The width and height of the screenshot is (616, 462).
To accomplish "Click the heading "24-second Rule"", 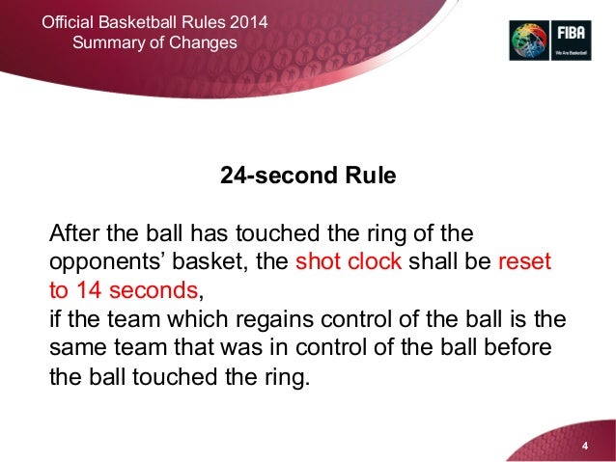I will pyautogui.click(x=308, y=178).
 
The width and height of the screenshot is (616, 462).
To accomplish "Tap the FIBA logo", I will pyautogui.click(x=547, y=41).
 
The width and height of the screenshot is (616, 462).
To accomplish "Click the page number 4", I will pyautogui.click(x=584, y=448).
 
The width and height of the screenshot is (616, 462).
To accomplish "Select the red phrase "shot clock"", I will pyautogui.click(x=349, y=263).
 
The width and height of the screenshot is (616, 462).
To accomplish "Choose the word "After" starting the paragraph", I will pyautogui.click(x=75, y=235).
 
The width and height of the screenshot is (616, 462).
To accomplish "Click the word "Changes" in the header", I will pyautogui.click(x=201, y=42).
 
